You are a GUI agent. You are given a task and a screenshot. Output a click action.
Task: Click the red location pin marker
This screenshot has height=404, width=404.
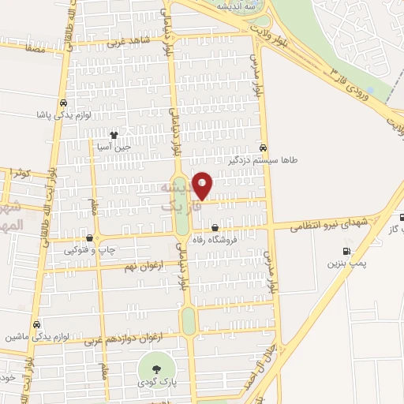(x=203, y=185)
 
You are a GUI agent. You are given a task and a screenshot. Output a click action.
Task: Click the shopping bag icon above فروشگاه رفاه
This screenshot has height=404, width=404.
(x=215, y=228)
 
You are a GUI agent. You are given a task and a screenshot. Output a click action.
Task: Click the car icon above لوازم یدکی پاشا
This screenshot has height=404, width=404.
(x=62, y=102)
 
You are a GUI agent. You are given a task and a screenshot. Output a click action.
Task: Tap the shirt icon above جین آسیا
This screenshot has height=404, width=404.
(x=115, y=134)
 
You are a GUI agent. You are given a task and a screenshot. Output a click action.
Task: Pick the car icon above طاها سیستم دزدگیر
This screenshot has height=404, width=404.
(x=263, y=147)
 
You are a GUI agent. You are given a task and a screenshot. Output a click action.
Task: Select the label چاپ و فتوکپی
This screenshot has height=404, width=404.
(x=94, y=250)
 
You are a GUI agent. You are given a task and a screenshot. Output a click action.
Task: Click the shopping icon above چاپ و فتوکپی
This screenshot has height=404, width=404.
(x=89, y=238)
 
